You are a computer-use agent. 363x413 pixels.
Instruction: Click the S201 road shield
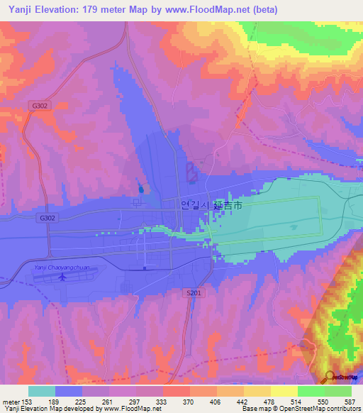coord(194,292)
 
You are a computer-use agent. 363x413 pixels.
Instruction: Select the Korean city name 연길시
coord(196,205)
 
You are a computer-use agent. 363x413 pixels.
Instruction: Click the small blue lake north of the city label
coord(140,189)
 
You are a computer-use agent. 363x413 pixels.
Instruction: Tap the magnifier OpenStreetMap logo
coord(330,376)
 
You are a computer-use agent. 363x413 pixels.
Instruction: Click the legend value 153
coord(28,401)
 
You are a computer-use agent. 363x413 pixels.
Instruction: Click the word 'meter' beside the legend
coord(12,401)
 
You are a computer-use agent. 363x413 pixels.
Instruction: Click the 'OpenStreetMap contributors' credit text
coord(311,408)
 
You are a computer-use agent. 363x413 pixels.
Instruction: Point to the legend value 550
coord(323,401)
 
